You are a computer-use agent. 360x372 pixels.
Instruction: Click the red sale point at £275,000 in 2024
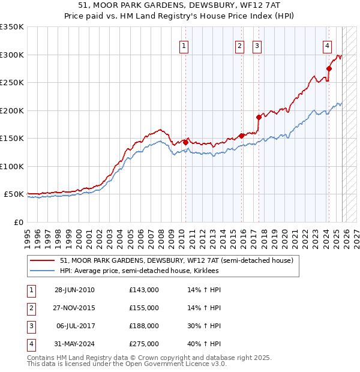329,68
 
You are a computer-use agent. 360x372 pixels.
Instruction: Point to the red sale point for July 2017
259,117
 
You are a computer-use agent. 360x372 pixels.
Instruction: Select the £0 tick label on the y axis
18,222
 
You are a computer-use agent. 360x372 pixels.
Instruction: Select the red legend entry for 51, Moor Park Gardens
176,260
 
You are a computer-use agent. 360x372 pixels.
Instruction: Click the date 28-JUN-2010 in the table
74,290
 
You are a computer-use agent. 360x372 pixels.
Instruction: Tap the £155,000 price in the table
144,308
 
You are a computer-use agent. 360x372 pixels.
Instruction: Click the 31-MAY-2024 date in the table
74,344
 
